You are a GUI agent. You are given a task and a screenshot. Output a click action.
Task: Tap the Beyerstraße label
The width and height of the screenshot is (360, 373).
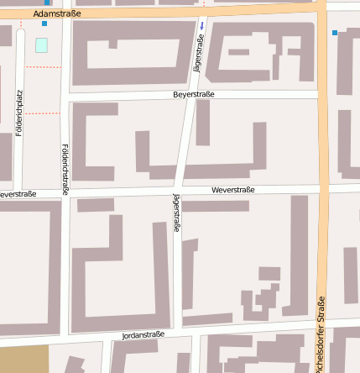(x=194, y=95)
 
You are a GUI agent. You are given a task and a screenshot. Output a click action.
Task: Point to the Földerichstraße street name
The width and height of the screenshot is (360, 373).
(x=65, y=170)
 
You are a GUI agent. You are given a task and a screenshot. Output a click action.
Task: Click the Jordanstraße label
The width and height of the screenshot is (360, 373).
(x=143, y=334)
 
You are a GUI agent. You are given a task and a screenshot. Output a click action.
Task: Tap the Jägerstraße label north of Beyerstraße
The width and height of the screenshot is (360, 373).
(x=199, y=53)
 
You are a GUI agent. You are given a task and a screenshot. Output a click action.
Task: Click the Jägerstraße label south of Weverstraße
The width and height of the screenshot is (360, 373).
(x=176, y=213)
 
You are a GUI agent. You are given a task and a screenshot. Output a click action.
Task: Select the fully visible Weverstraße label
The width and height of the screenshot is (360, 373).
(x=232, y=191)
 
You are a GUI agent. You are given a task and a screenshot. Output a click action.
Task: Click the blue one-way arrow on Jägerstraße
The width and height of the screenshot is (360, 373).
(x=201, y=25)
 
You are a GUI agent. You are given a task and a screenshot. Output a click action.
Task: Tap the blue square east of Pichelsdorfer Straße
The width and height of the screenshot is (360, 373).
(x=335, y=33)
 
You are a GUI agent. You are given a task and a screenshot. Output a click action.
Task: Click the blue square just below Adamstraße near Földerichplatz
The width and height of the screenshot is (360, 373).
(x=44, y=24)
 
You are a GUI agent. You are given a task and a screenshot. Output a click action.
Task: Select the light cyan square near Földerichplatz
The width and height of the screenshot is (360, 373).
(x=41, y=45)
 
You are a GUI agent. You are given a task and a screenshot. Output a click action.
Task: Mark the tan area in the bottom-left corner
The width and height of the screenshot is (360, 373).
(x=23, y=359)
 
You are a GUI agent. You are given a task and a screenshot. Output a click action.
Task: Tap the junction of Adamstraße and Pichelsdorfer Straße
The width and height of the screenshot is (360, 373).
(x=322, y=8)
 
